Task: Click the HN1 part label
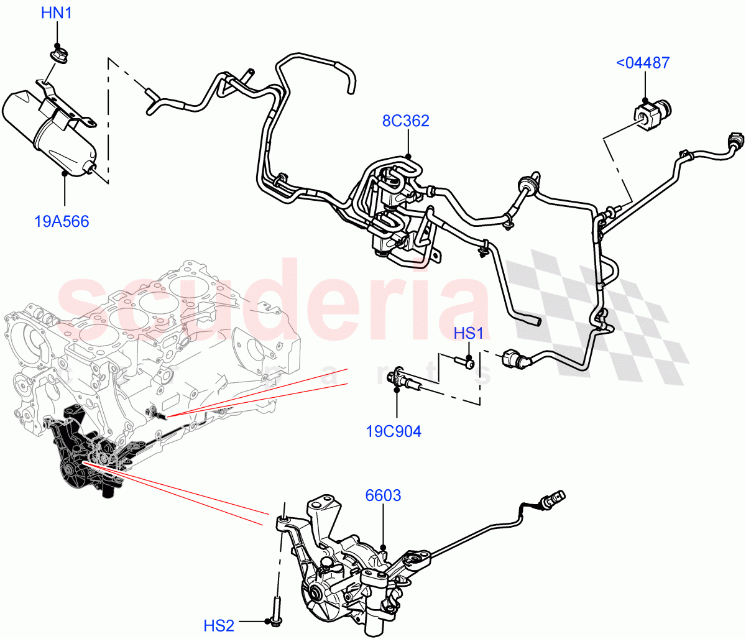tap(57, 12)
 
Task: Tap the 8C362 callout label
tap(405, 121)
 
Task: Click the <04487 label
tap(643, 63)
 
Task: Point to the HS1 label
tap(468, 333)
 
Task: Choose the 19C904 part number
tap(393, 431)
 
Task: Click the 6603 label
tap(383, 495)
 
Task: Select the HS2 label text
tap(219, 625)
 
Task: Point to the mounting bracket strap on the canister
tap(62, 109)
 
